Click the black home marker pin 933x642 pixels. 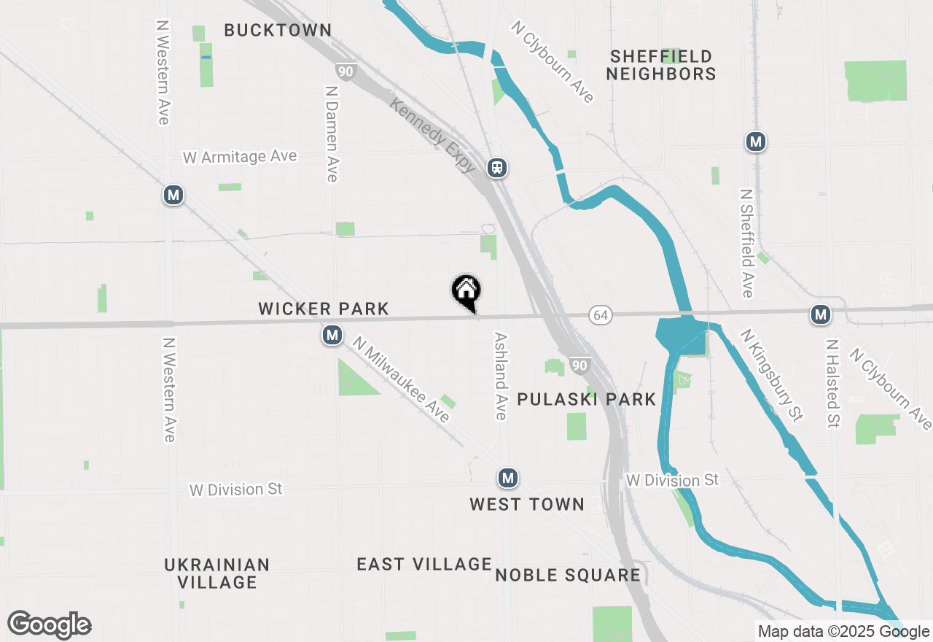point(466,292)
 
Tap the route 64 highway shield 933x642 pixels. point(601,315)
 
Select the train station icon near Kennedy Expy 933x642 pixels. point(498,168)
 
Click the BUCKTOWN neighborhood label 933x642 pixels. point(278,30)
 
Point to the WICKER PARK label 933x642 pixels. point(324,309)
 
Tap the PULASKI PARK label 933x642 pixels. point(587,399)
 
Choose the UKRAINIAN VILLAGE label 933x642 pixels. point(217,573)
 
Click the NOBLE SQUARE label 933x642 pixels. point(568,575)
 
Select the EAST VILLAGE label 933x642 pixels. point(424,564)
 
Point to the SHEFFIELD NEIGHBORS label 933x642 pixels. point(661,65)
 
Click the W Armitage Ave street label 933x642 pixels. point(240,157)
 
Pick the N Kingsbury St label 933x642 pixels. point(771,375)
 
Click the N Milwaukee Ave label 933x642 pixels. point(401,379)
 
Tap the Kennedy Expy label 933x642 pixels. point(432,136)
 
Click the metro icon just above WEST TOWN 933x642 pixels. point(508,479)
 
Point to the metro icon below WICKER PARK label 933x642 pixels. point(332,336)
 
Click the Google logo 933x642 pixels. point(50,624)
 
